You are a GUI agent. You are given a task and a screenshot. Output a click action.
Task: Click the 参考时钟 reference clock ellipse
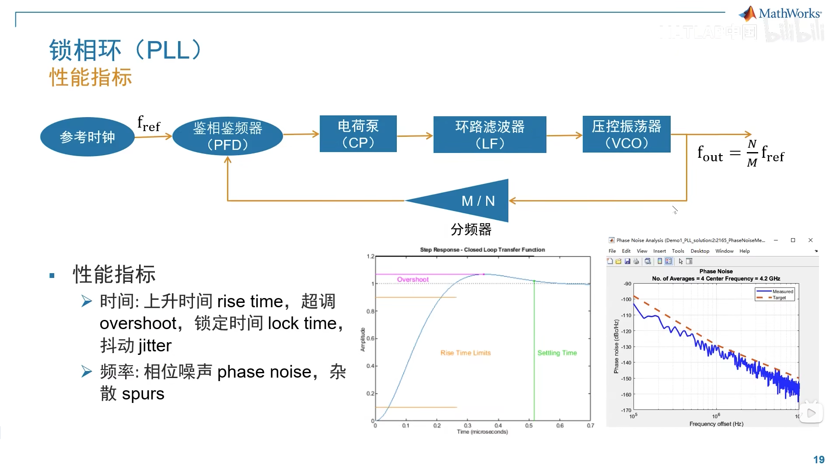click(87, 137)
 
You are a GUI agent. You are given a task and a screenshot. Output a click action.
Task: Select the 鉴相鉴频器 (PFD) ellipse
click(227, 136)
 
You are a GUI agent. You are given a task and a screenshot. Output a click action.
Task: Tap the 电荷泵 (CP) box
click(358, 134)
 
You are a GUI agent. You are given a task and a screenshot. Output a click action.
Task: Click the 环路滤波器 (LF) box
click(490, 135)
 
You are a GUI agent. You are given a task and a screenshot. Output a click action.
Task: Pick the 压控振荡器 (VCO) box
click(626, 134)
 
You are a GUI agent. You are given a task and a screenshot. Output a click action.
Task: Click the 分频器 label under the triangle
click(471, 229)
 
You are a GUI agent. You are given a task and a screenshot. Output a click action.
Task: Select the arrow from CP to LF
click(415, 136)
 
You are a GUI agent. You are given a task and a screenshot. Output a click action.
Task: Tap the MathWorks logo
click(780, 14)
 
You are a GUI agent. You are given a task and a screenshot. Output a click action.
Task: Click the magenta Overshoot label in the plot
click(413, 280)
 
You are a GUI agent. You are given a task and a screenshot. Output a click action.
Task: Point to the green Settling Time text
click(557, 353)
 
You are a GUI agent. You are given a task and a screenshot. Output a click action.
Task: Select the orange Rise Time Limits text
click(465, 353)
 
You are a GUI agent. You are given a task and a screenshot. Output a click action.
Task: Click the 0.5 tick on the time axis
click(529, 426)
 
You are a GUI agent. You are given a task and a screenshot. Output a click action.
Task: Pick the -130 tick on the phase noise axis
click(626, 347)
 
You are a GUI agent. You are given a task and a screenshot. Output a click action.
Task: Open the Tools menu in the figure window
click(678, 251)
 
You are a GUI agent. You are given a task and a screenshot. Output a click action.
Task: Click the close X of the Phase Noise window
click(810, 240)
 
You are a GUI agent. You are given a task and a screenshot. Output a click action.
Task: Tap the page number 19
click(819, 459)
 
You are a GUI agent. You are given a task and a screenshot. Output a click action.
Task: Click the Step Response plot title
click(482, 250)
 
